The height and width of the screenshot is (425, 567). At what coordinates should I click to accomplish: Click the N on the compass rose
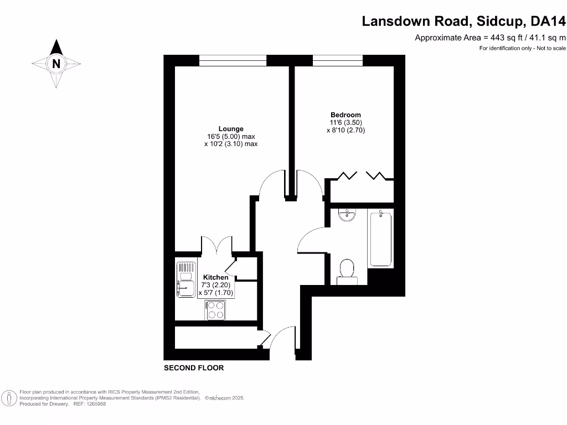pyautogui.click(x=56, y=64)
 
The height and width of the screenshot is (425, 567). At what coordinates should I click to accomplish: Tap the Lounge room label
pyautogui.click(x=231, y=129)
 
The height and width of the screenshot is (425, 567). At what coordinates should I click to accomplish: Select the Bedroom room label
pyautogui.click(x=346, y=115)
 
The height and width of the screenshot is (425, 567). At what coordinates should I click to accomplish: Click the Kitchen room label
pyautogui.click(x=215, y=277)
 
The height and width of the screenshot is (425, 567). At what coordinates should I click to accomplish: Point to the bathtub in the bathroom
pyautogui.click(x=380, y=239)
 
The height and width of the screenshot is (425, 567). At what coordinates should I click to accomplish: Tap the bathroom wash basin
pyautogui.click(x=348, y=215)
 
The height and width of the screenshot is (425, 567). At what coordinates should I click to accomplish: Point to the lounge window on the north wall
pyautogui.click(x=233, y=61)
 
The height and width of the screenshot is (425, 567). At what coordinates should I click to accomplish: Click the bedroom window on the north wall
pyautogui.click(x=338, y=61)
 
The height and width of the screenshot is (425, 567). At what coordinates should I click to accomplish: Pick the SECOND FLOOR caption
pyautogui.click(x=194, y=368)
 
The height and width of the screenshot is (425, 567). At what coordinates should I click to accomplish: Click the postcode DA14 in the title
pyautogui.click(x=548, y=21)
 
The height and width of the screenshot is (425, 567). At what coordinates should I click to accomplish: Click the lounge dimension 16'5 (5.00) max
pyautogui.click(x=231, y=137)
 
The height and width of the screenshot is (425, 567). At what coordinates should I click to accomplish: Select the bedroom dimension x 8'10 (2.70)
pyautogui.click(x=346, y=131)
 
